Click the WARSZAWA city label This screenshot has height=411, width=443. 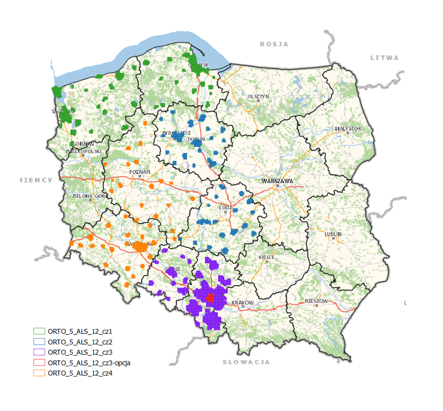[x=277, y=180]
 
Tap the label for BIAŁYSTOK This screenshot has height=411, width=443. [x=348, y=128]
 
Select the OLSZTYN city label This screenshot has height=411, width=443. [x=258, y=96]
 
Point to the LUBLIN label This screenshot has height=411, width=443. [x=333, y=234]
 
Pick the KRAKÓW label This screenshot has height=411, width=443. [x=242, y=302]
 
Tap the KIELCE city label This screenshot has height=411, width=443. [x=267, y=257]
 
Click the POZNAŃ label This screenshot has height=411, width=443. [x=140, y=172]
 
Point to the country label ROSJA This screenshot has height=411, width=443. [x=274, y=44]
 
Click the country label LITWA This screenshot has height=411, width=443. [x=384, y=58]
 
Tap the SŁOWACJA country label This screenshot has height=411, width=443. [x=246, y=362]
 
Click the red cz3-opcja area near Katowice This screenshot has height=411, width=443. [x=210, y=298]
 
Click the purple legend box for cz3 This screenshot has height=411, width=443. [x=39, y=352]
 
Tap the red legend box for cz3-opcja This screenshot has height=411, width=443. [x=39, y=362]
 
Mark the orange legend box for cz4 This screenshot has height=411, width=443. [x=39, y=372]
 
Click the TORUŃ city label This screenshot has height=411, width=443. [x=196, y=139]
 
